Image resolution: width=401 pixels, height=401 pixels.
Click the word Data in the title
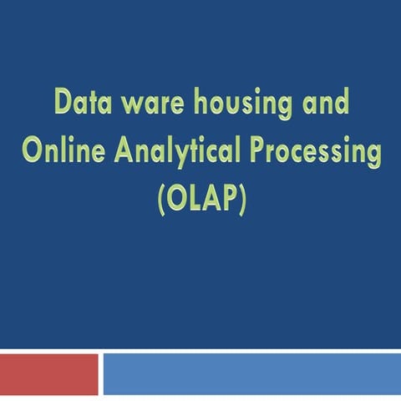(x=83, y=105)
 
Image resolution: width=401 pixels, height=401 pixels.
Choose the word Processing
(x=312, y=153)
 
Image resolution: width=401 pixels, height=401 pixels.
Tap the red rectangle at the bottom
(x=48, y=373)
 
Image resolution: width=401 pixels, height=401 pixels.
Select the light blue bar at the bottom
(x=251, y=373)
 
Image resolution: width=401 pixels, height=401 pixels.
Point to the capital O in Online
(x=33, y=151)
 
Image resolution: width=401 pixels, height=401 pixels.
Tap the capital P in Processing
(x=253, y=151)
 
